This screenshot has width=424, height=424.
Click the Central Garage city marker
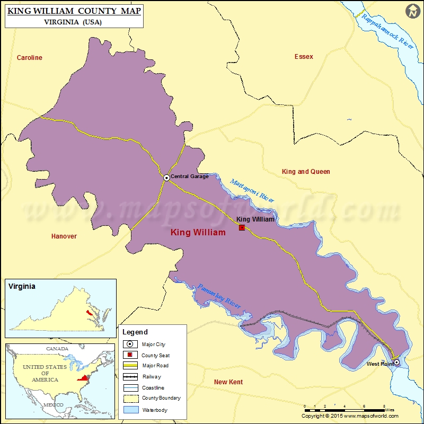[166, 178]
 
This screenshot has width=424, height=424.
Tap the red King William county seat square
[242, 227]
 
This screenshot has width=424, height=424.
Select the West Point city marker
[396, 363]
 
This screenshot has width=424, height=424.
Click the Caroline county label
[29, 58]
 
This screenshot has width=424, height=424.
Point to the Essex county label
[304, 57]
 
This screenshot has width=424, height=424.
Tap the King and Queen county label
[306, 172]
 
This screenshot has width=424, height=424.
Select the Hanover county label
[64, 236]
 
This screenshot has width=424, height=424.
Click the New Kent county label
[228, 382]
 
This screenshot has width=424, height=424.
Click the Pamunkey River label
[219, 296]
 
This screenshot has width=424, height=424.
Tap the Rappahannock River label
[387, 30]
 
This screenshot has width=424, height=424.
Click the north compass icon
[413, 11]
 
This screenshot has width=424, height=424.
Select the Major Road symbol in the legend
[130, 366]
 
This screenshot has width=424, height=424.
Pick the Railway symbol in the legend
[130, 377]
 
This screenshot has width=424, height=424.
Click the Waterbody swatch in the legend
[130, 409]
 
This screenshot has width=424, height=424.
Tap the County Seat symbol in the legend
[130, 355]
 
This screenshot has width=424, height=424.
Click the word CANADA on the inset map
[57, 349]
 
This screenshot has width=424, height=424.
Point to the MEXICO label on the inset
[53, 404]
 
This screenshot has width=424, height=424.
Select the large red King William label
[198, 233]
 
